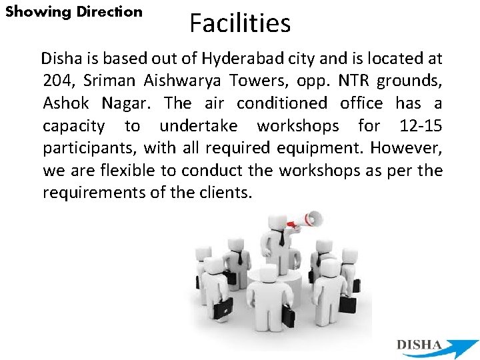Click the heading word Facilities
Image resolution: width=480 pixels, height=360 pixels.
[240, 23]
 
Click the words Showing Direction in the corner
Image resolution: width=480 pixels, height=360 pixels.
[74, 12]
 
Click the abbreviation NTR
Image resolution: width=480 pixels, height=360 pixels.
[353, 81]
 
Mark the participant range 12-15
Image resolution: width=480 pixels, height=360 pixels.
[421, 126]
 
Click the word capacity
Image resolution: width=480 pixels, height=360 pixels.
[73, 126]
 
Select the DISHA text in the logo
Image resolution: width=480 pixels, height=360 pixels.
[419, 345]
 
